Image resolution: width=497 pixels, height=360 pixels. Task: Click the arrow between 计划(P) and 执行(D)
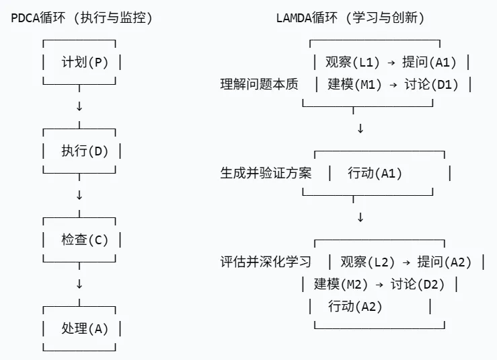coord(79,107)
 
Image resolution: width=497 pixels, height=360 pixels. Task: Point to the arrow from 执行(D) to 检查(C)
coord(79,195)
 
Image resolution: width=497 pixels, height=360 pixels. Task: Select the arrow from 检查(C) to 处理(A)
coord(79,284)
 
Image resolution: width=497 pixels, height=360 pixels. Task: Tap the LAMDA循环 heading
coord(350,18)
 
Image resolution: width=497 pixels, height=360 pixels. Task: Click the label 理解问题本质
coord(259,85)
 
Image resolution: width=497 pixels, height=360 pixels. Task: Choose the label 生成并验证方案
coord(266,173)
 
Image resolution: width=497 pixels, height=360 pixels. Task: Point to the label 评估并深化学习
coord(266,262)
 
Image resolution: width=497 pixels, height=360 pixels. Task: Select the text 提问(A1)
coord(429,63)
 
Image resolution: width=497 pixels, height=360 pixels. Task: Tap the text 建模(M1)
coord(354,85)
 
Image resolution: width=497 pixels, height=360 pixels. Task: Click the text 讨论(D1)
coord(431,85)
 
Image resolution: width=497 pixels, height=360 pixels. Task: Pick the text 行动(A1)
coord(375,173)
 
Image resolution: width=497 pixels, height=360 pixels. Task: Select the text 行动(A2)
coord(355,306)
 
